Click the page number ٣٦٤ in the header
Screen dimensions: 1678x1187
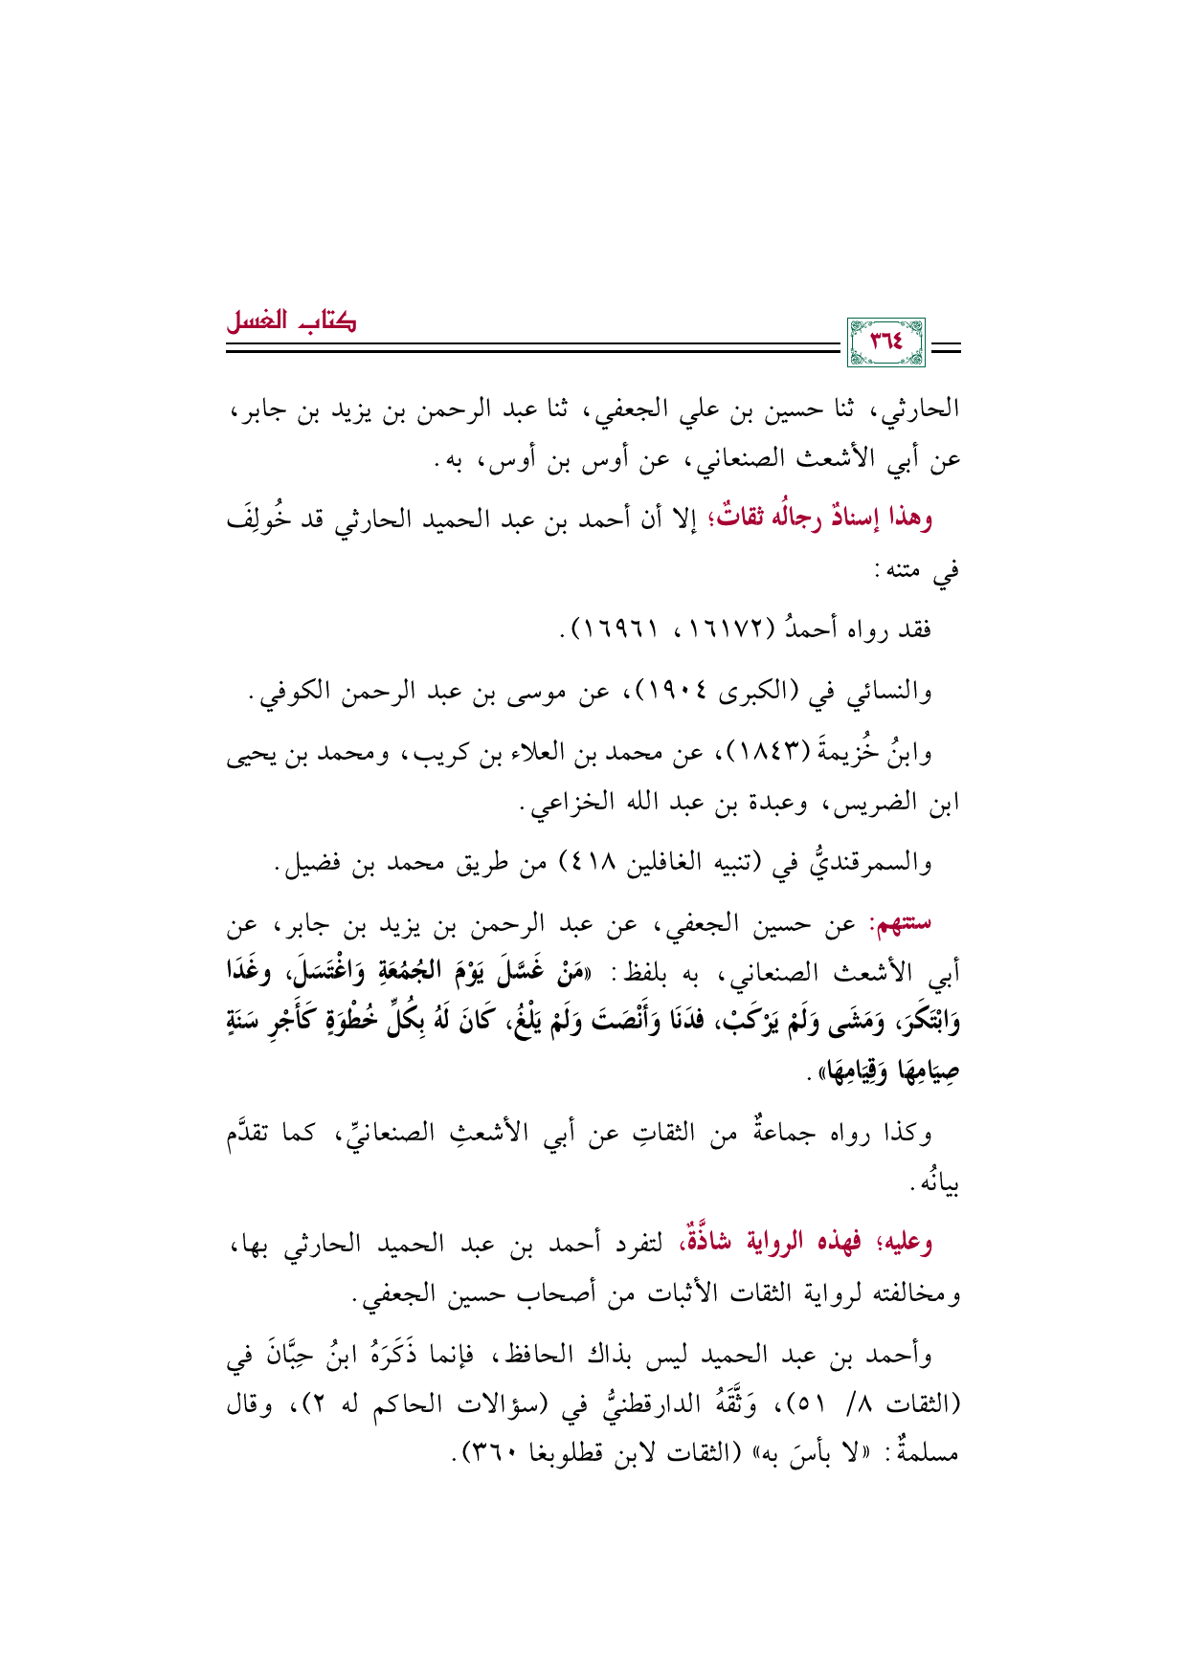tap(886, 342)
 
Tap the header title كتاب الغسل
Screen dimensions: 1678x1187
tap(291, 321)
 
